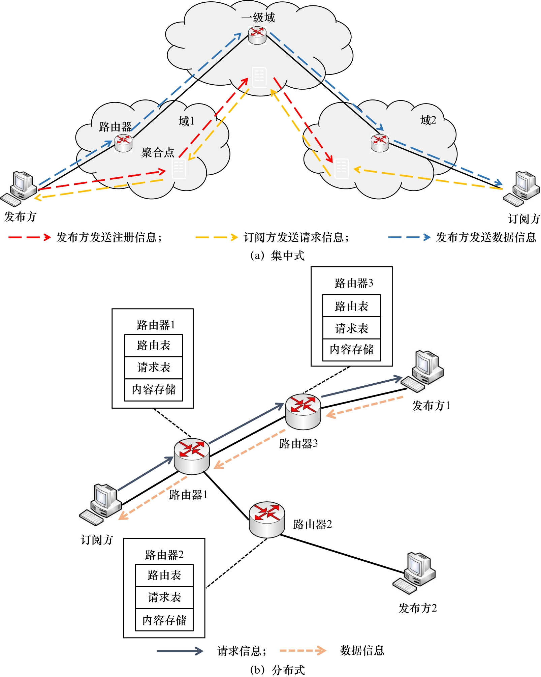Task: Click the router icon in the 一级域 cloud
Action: (x=257, y=35)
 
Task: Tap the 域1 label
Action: (x=186, y=121)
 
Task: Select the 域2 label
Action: (x=428, y=120)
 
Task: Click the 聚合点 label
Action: (x=158, y=152)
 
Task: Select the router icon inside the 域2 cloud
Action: (x=380, y=143)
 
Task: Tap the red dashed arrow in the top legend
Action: (x=29, y=237)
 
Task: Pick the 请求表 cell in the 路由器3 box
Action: (x=352, y=328)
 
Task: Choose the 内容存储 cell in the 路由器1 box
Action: (x=154, y=390)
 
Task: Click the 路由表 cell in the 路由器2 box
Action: (x=164, y=575)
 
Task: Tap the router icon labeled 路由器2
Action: (x=267, y=519)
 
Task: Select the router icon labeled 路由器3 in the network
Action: (x=303, y=411)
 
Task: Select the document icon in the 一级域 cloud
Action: (x=260, y=77)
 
